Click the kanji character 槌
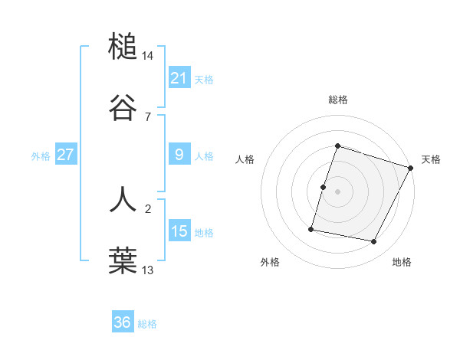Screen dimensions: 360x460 pos(123,47)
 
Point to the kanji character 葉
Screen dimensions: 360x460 pos(123,260)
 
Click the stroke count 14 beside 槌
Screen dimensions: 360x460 pos(149,56)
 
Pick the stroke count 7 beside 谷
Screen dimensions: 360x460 pos(149,116)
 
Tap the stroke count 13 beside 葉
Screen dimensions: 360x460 pos(149,269)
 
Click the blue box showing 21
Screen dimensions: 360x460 pos(179,78)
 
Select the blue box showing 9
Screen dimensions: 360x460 pos(179,155)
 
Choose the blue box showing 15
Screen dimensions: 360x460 pos(179,231)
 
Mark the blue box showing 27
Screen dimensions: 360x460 pos(66,155)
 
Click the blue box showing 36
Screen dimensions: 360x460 pos(123,322)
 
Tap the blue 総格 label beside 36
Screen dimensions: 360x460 pos(147,324)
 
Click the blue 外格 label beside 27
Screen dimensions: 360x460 pos(41,156)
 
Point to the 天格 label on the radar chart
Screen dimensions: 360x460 pos(431,159)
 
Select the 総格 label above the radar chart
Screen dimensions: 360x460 pos(337,100)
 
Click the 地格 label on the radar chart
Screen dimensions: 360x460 pos(402,262)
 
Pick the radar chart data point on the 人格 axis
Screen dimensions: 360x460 pos(324,187)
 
